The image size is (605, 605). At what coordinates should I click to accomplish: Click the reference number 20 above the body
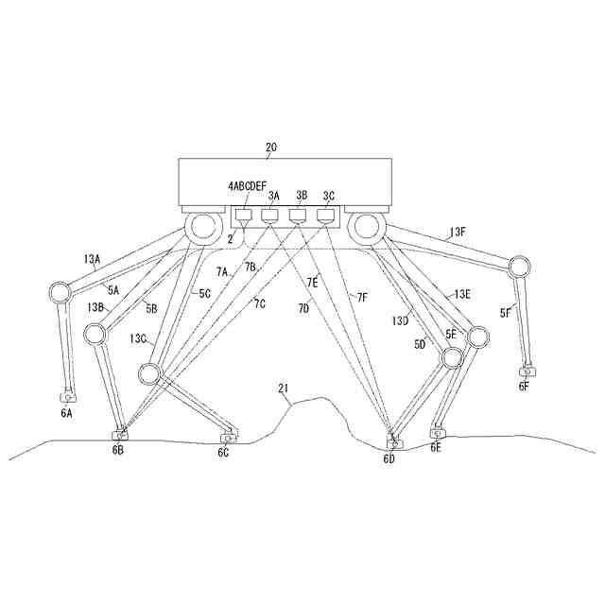[271, 147]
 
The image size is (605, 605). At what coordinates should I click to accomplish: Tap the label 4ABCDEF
[248, 187]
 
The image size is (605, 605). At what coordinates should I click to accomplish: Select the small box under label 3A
[271, 216]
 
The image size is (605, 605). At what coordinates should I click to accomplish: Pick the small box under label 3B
[299, 216]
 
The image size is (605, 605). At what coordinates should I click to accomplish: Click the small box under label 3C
[327, 216]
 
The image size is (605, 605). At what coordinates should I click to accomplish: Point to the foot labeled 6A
[67, 397]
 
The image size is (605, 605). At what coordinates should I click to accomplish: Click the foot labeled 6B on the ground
[119, 435]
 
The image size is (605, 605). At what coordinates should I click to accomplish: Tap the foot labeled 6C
[227, 438]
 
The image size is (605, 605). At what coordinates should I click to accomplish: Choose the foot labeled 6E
[437, 433]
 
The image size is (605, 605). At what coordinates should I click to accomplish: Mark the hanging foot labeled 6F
[526, 372]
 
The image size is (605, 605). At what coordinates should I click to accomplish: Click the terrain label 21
[284, 389]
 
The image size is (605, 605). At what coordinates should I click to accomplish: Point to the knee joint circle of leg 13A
[59, 292]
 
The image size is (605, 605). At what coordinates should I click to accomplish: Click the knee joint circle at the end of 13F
[518, 264]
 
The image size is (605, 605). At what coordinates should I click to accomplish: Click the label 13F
[458, 231]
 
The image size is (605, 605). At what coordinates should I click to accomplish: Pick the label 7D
[304, 307]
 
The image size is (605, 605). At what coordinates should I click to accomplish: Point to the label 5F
[506, 312]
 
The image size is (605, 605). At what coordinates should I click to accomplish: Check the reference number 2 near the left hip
[230, 239]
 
